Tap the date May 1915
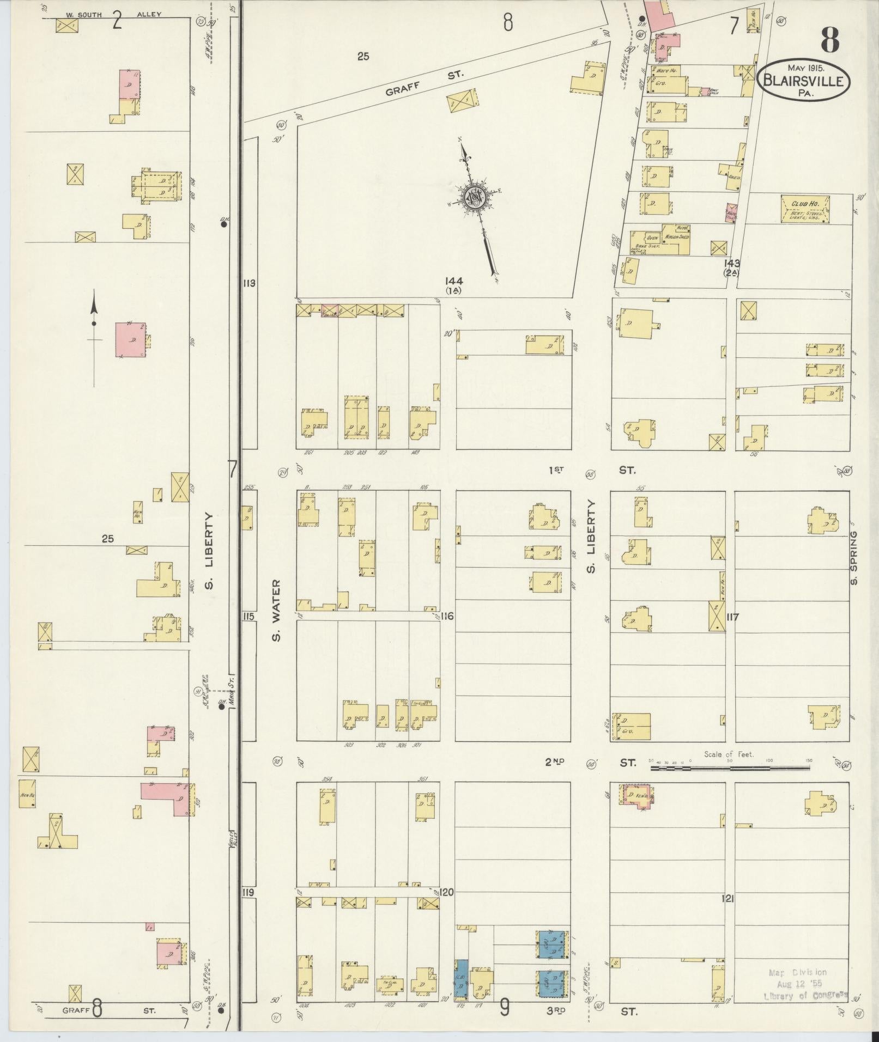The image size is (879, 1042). pyautogui.click(x=805, y=68)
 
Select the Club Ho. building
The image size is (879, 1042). pyautogui.click(x=805, y=209)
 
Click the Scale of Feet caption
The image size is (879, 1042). pyautogui.click(x=729, y=754)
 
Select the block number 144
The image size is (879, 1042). pyautogui.click(x=453, y=281)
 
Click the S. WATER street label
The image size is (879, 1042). pyautogui.click(x=276, y=610)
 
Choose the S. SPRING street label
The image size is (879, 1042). pyautogui.click(x=854, y=558)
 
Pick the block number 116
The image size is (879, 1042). pyautogui.click(x=447, y=616)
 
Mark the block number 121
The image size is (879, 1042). pyautogui.click(x=728, y=899)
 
